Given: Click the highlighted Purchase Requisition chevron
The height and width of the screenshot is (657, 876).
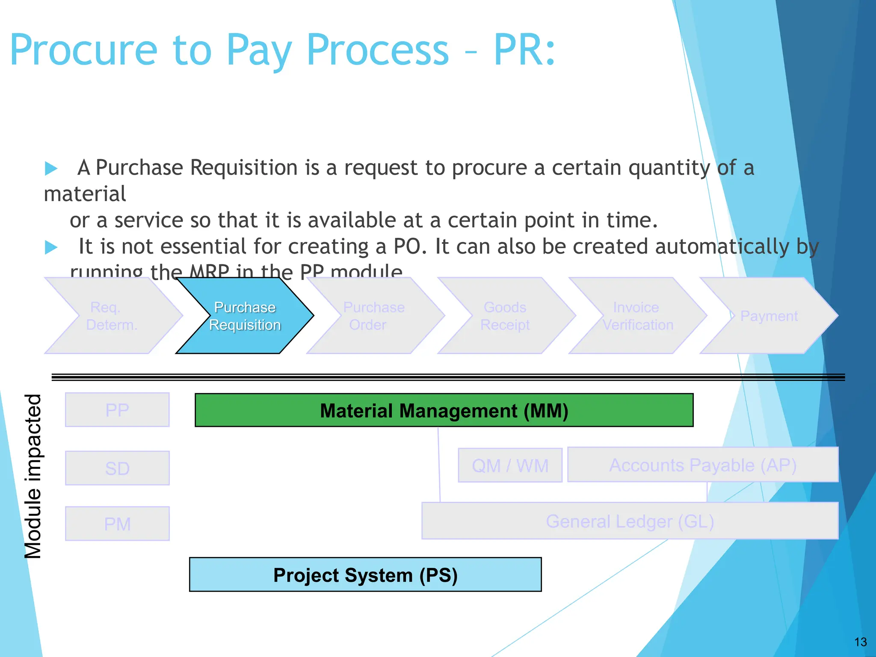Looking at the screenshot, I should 245,316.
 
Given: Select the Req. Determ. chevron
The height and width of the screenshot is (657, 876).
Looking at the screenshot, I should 112,316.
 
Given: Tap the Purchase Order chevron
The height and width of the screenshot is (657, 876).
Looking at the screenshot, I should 374,316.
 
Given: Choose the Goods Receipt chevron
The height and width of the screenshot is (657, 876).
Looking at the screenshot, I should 505,316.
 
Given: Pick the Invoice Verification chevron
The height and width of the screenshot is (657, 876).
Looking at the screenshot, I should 637,316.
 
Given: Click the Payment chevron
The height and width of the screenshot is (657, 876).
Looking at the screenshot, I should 769,316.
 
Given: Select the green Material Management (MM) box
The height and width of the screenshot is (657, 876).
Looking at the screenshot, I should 444,410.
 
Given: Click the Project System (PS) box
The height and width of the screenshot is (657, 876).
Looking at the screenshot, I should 365,574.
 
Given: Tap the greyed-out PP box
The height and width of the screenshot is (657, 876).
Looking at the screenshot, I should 117,410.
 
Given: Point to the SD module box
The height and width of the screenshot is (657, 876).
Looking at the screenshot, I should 117,468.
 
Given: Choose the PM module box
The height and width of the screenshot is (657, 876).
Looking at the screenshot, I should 117,524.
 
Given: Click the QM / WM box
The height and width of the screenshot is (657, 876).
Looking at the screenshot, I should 510,465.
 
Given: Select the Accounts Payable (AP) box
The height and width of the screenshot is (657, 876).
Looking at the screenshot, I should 702,465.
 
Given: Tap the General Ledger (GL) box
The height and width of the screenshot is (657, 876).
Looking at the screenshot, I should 630,521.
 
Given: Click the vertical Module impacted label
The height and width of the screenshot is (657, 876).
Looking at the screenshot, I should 33,476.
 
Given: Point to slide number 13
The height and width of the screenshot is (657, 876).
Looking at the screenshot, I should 860,642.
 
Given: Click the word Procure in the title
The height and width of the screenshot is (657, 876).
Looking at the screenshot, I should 84,50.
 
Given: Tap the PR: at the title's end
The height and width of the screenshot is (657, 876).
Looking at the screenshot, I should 524,50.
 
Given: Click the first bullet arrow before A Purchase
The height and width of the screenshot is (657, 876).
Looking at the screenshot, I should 51,168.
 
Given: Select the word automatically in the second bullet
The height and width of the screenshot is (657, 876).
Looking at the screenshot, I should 722,247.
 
